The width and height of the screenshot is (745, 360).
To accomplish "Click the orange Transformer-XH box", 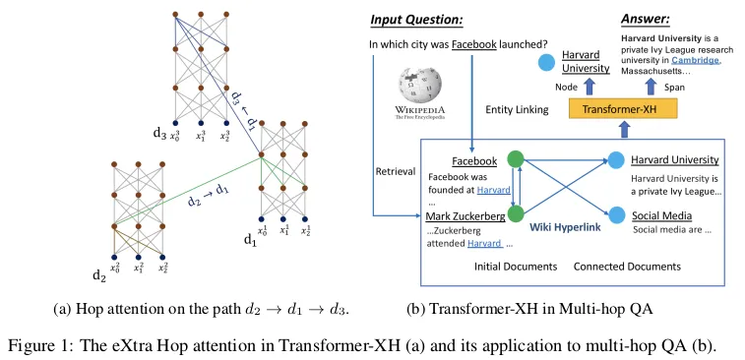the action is pos(622,110).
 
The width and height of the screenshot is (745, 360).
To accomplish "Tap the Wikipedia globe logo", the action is pos(420,84).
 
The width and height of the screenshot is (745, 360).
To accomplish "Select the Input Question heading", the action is pos(416,20).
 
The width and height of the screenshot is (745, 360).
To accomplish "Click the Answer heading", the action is pos(646,20).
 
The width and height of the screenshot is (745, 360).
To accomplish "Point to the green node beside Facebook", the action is pos(516,159).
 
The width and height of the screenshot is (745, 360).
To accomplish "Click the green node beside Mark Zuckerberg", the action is pos(516,213).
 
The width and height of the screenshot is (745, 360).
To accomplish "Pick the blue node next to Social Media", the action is pos(616,214).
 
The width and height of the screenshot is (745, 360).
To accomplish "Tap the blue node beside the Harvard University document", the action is pos(616,159).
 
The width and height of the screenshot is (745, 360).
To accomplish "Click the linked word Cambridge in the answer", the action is pos(695,61).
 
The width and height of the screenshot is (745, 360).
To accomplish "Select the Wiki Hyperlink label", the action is pos(566,227).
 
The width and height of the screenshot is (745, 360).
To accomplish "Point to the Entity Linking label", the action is pos(517,110).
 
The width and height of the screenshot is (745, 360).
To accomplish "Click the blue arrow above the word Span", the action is pos(652,87).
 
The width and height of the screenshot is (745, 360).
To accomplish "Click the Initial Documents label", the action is pos(516,267).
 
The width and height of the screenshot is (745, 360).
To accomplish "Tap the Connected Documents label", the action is pos(627,267).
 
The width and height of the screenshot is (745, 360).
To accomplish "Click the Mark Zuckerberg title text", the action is pos(466,217).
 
